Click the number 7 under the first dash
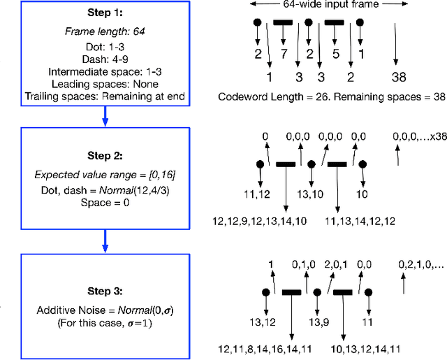284,55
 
